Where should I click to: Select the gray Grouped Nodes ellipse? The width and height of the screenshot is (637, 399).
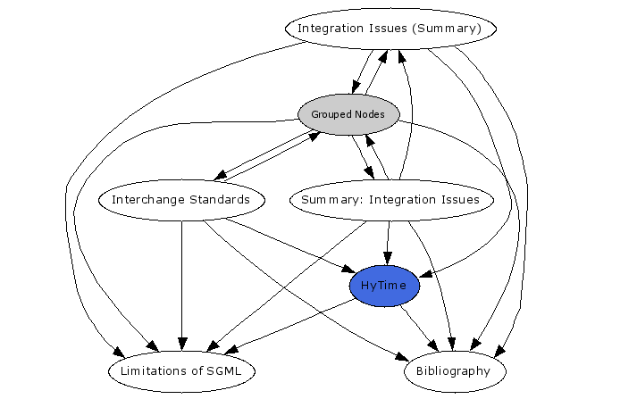[348, 114]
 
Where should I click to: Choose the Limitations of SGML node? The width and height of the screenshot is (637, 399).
[182, 370]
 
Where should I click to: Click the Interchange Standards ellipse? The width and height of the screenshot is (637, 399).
[181, 199]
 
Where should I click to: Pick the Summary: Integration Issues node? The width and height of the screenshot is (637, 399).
[390, 199]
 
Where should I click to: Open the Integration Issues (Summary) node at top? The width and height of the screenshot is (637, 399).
[390, 29]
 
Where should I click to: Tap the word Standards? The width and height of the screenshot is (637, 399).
[219, 199]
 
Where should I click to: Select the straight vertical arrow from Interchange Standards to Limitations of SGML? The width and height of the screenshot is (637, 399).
[182, 286]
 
